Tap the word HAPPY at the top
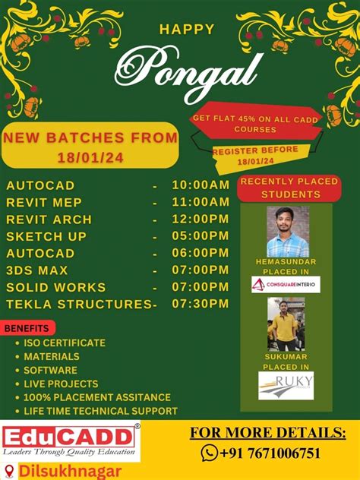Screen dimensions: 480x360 187,29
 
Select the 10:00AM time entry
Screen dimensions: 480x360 201,185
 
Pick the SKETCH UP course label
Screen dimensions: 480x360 46,236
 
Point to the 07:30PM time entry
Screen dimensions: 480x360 201,304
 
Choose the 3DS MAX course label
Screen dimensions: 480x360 37,270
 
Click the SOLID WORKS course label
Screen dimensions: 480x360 56,287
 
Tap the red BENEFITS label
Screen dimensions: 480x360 29,328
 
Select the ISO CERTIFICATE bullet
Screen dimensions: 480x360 65,343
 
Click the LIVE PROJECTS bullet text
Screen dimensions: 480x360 61,384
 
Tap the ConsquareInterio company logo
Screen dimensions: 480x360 286,284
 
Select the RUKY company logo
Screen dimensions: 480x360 286,386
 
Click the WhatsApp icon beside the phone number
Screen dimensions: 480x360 210,453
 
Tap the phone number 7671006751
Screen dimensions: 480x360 278,453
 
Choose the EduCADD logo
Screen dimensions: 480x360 71,442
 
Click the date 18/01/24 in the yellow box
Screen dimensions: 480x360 90,158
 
